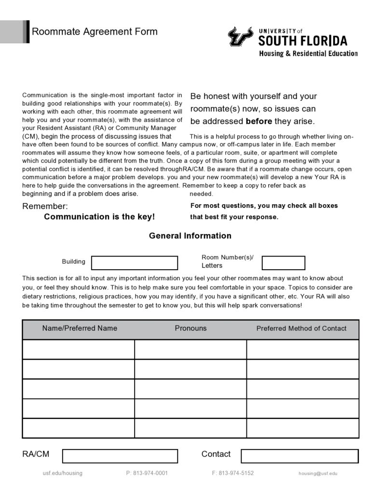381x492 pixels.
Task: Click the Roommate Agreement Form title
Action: tap(95, 32)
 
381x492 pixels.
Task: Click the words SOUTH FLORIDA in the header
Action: tap(302, 41)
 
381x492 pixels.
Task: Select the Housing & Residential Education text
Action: tap(308, 53)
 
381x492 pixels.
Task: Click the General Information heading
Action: tap(190, 236)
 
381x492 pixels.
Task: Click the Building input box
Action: tap(135, 263)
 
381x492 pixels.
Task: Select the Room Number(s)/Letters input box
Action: tap(283, 263)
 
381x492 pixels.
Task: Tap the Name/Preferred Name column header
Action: tap(80, 328)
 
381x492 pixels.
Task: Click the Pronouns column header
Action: tap(190, 328)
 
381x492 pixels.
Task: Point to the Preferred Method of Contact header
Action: tap(301, 329)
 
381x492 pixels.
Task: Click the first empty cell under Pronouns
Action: tap(190, 350)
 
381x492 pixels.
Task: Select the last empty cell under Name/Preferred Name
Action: tap(78, 428)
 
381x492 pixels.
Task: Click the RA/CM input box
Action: tap(120, 456)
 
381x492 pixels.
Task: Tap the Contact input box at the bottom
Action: tap(299, 456)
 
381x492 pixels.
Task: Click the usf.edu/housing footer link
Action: tap(63, 473)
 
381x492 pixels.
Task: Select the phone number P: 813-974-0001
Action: tap(147, 473)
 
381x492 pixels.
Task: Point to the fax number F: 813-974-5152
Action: tap(232, 473)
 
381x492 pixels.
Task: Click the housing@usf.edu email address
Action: tap(318, 474)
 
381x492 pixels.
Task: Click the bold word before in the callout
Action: tap(259, 121)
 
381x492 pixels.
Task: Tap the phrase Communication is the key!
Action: tap(99, 217)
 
